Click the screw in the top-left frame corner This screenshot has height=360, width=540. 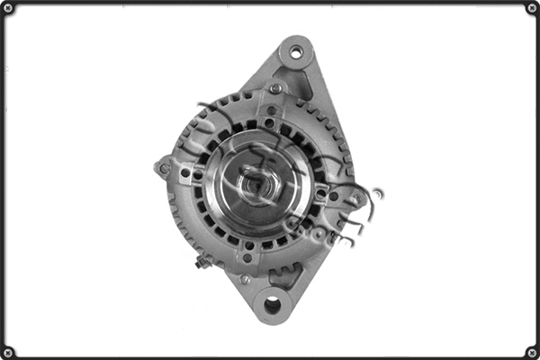click(8, 9)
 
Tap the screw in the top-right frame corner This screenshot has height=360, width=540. click(531, 9)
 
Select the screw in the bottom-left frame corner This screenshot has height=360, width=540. click(8, 351)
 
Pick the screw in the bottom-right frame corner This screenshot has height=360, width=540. click(531, 351)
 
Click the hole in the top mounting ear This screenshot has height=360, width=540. click(295, 51)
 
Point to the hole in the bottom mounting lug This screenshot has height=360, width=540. click(271, 306)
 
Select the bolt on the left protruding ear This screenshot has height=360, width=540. click(163, 167)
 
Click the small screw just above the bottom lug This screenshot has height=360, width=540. click(245, 280)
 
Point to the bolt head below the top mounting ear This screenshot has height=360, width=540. click(276, 88)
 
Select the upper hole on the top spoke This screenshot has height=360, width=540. click(270, 111)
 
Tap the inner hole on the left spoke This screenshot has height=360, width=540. click(197, 175)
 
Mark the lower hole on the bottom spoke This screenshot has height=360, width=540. click(248, 258)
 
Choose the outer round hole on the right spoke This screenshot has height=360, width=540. click(334, 195)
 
